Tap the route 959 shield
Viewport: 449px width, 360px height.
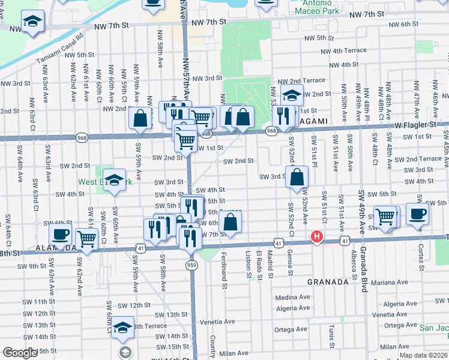(x=191, y=265)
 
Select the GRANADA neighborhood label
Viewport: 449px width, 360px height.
(x=328, y=281)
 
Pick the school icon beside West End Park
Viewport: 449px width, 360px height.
(x=114, y=181)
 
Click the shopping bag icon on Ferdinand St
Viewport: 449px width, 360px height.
(x=231, y=223)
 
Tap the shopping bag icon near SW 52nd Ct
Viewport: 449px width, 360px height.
(x=297, y=177)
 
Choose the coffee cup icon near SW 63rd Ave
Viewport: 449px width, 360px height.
(x=60, y=235)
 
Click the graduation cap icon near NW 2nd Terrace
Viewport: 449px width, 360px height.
(x=292, y=95)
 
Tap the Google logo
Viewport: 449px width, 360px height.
(x=20, y=353)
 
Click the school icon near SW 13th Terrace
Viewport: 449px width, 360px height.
(x=123, y=328)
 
